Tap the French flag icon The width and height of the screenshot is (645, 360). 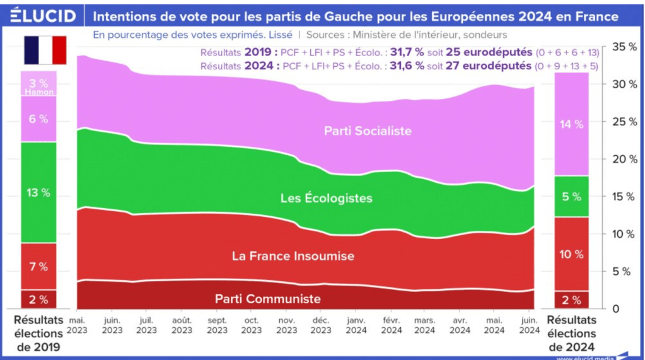[45, 50]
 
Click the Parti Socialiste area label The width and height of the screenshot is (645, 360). [368, 131]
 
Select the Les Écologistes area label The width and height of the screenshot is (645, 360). [326, 198]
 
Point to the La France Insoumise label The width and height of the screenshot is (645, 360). [293, 256]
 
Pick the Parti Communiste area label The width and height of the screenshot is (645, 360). [267, 299]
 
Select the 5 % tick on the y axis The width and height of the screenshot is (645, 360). [624, 272]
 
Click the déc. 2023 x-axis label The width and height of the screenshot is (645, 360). [321, 325]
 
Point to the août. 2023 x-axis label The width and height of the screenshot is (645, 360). [182, 325]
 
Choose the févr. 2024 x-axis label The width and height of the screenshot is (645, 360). [391, 325]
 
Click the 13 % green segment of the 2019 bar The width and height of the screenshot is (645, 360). [38, 193]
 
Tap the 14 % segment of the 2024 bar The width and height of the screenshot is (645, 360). [572, 125]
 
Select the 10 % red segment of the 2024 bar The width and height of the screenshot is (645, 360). [572, 254]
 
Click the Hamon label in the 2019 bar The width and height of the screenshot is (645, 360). [38, 92]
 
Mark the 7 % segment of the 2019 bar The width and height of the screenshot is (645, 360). [38, 267]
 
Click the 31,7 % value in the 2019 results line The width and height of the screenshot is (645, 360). [406, 52]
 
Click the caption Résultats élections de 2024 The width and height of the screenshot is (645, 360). [572, 333]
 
